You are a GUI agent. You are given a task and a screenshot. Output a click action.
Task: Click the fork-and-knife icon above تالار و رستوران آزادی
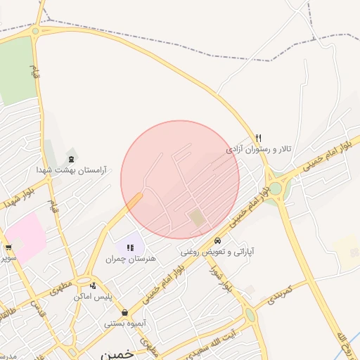[x=258, y=138]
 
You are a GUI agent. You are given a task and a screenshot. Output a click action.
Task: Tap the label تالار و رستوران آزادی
[x=258, y=150]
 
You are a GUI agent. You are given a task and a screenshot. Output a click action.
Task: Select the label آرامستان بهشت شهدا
[x=70, y=169]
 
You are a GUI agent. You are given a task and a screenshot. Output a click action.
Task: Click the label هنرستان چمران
[x=130, y=259]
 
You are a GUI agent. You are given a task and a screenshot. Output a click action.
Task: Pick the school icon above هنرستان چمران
[x=130, y=247]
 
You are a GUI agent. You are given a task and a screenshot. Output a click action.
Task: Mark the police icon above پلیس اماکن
[x=93, y=285]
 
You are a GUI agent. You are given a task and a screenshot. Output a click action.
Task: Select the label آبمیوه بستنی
[x=124, y=323]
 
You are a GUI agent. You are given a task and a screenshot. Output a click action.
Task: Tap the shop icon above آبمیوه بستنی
[x=124, y=312]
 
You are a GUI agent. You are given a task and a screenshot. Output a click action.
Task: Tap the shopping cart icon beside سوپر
[x=8, y=247]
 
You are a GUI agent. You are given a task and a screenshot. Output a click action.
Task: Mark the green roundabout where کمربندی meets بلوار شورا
[x=250, y=315]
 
